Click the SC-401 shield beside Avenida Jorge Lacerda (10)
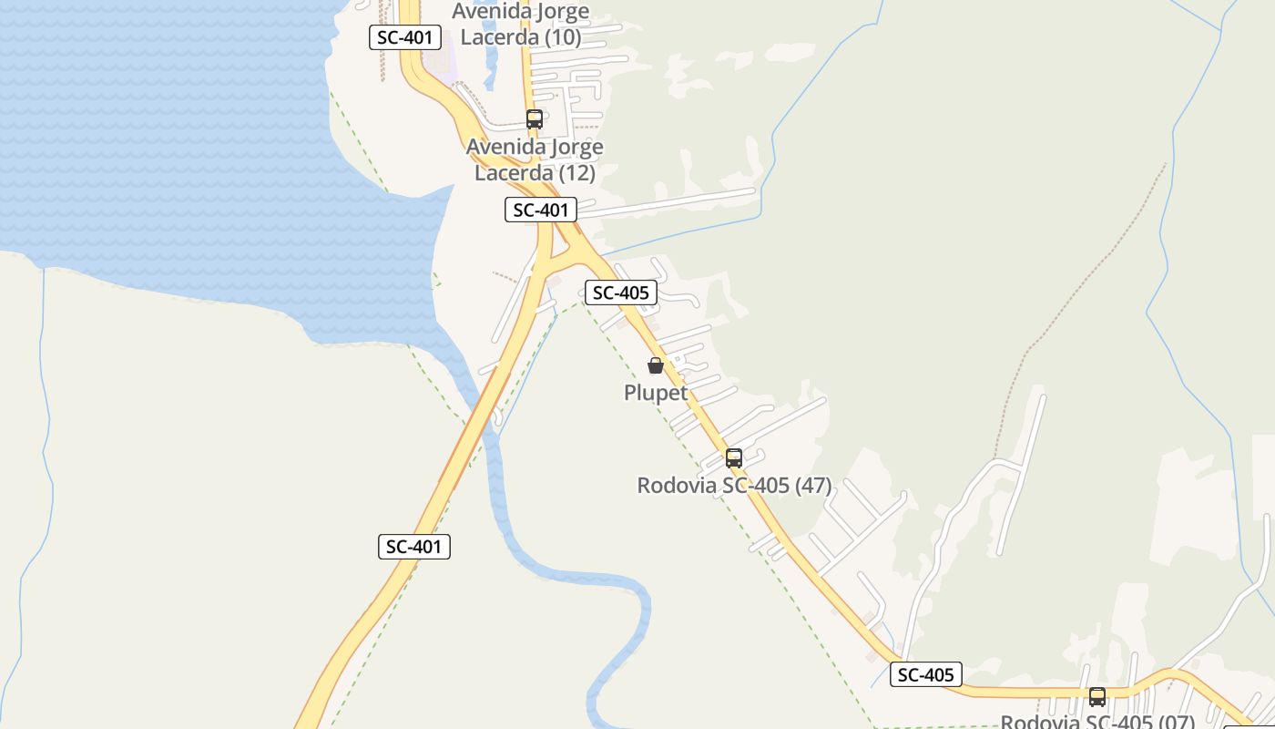(x=405, y=37)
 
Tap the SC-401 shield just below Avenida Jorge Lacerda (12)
(x=541, y=210)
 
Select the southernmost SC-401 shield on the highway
(x=414, y=547)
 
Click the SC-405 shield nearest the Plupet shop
(x=621, y=293)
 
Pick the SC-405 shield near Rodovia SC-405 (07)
(x=926, y=675)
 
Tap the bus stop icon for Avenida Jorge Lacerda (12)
(x=535, y=119)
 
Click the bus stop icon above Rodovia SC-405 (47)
(x=734, y=458)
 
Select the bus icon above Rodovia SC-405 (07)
(x=1097, y=697)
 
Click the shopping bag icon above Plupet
(x=655, y=366)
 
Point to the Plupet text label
(x=656, y=393)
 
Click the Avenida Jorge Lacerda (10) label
(x=521, y=25)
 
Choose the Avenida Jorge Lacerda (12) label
(x=535, y=159)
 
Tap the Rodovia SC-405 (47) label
(x=734, y=486)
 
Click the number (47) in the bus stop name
(x=813, y=486)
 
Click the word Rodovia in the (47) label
(x=677, y=486)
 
